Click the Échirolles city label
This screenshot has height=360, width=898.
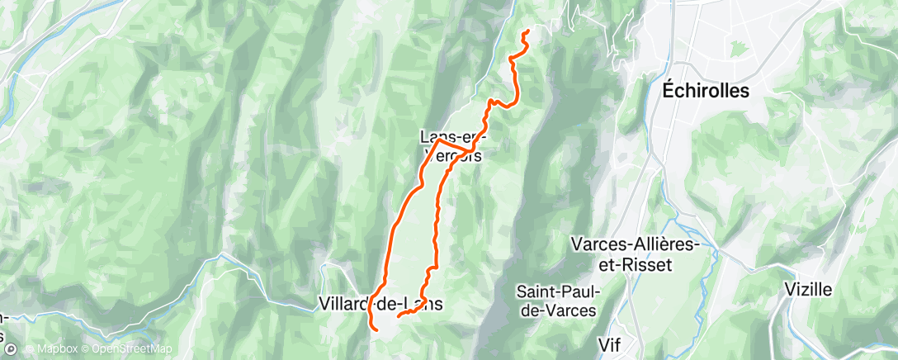[x=707, y=91]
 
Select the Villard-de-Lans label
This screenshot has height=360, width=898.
[x=380, y=304]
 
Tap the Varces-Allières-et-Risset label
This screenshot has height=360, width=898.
[x=635, y=254]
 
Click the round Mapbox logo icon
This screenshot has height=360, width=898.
[x=10, y=349]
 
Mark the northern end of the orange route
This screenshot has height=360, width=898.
[x=527, y=32]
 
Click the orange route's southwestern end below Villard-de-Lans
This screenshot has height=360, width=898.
[x=377, y=330]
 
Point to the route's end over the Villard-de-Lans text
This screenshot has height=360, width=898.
[x=399, y=315]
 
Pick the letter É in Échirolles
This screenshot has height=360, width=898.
[x=669, y=90]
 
